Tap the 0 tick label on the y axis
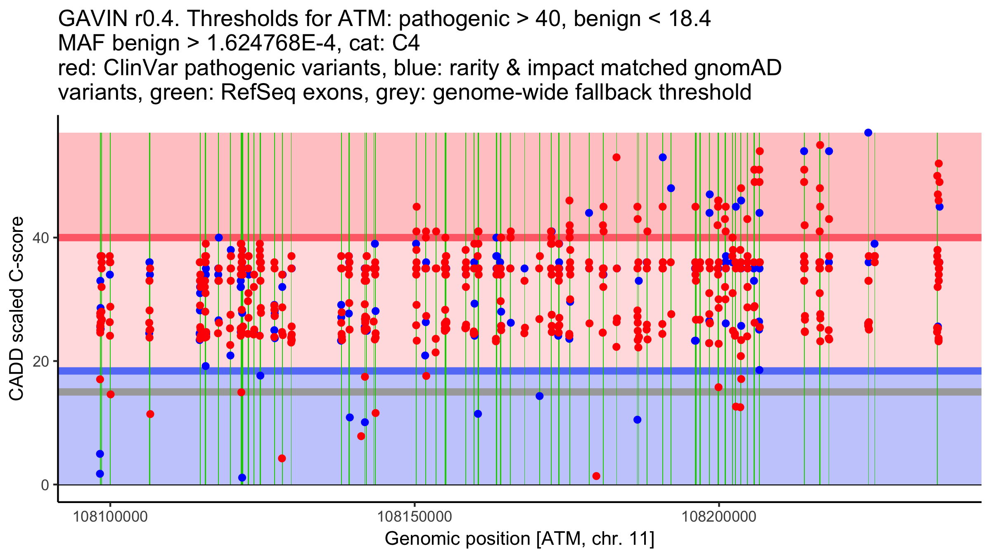pyautogui.click(x=45, y=485)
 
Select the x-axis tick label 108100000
pyautogui.click(x=110, y=517)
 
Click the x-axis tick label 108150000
pyautogui.click(x=415, y=517)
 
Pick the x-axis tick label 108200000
pyautogui.click(x=719, y=517)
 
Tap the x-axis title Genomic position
pyautogui.click(x=519, y=539)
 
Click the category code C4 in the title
pyautogui.click(x=406, y=43)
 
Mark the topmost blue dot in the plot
pyautogui.click(x=868, y=133)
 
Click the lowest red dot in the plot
pyautogui.click(x=596, y=476)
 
